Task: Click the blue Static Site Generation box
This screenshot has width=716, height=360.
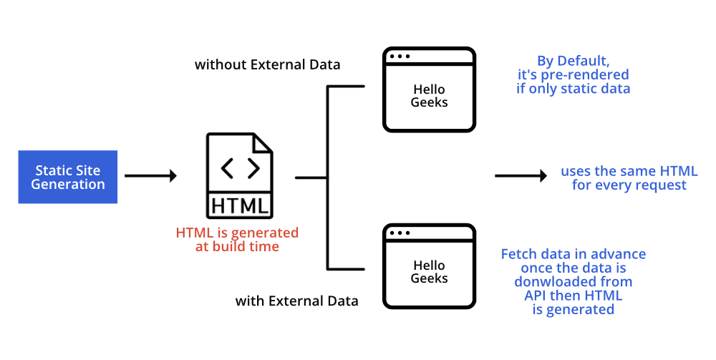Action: (68, 177)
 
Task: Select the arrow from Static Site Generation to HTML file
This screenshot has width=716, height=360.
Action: (150, 176)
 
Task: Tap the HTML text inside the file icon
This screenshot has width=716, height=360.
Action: (241, 206)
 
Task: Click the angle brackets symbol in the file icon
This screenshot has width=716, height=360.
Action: (241, 168)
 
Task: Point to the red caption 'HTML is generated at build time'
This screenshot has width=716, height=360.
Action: (237, 240)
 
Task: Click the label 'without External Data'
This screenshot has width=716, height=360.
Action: (268, 65)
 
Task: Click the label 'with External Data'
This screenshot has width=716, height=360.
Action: (297, 301)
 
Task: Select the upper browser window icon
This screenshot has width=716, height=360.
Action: (429, 89)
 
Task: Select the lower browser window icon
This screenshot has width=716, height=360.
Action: (429, 266)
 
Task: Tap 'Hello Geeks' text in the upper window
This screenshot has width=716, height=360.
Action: (429, 96)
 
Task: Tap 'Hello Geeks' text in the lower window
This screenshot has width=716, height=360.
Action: (429, 272)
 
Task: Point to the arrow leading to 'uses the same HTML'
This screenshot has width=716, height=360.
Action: (521, 176)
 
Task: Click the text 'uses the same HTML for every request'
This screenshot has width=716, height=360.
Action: (629, 178)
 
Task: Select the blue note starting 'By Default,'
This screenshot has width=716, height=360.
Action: (573, 75)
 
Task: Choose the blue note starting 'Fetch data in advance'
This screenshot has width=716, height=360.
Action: (573, 282)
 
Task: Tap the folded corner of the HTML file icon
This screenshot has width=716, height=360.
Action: (263, 142)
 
